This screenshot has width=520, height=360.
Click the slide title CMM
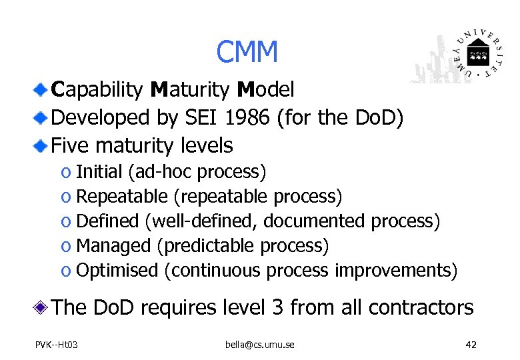point(247,52)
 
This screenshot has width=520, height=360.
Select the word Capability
point(99,90)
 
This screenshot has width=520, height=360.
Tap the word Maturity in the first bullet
point(191,90)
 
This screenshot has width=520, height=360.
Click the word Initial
point(99,172)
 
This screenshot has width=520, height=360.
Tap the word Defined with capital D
point(108,221)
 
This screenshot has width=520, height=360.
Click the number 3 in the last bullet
point(278,307)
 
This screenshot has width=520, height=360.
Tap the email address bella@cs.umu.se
point(259,345)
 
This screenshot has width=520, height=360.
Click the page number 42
point(471,345)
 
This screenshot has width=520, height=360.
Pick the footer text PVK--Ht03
point(57,345)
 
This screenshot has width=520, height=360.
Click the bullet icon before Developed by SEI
point(41,117)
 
